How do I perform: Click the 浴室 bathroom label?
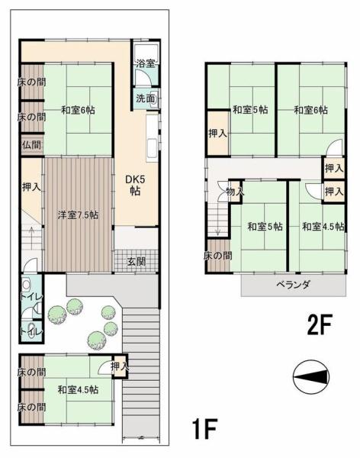coord(146,63)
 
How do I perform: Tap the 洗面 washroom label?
coord(145,98)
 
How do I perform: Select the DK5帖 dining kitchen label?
coord(135,185)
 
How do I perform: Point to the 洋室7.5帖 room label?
coord(77,215)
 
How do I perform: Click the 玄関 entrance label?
coord(137,261)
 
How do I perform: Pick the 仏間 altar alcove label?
coord(31,145)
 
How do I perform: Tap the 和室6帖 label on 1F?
coord(78,110)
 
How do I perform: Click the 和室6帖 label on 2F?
coord(310,110)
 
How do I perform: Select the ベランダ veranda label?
coord(294,284)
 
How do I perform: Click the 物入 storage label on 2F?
coord(235,192)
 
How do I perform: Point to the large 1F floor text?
coord(204,428)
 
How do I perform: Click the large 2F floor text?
coord(320,325)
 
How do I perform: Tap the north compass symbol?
coord(311,377)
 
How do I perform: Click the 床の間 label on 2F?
coord(218,256)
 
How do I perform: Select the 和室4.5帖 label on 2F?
coord(323,227)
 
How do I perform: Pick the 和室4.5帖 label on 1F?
coord(78,389)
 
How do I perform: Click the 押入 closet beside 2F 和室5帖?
coord(218,133)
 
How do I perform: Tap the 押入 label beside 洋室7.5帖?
coord(31,187)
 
